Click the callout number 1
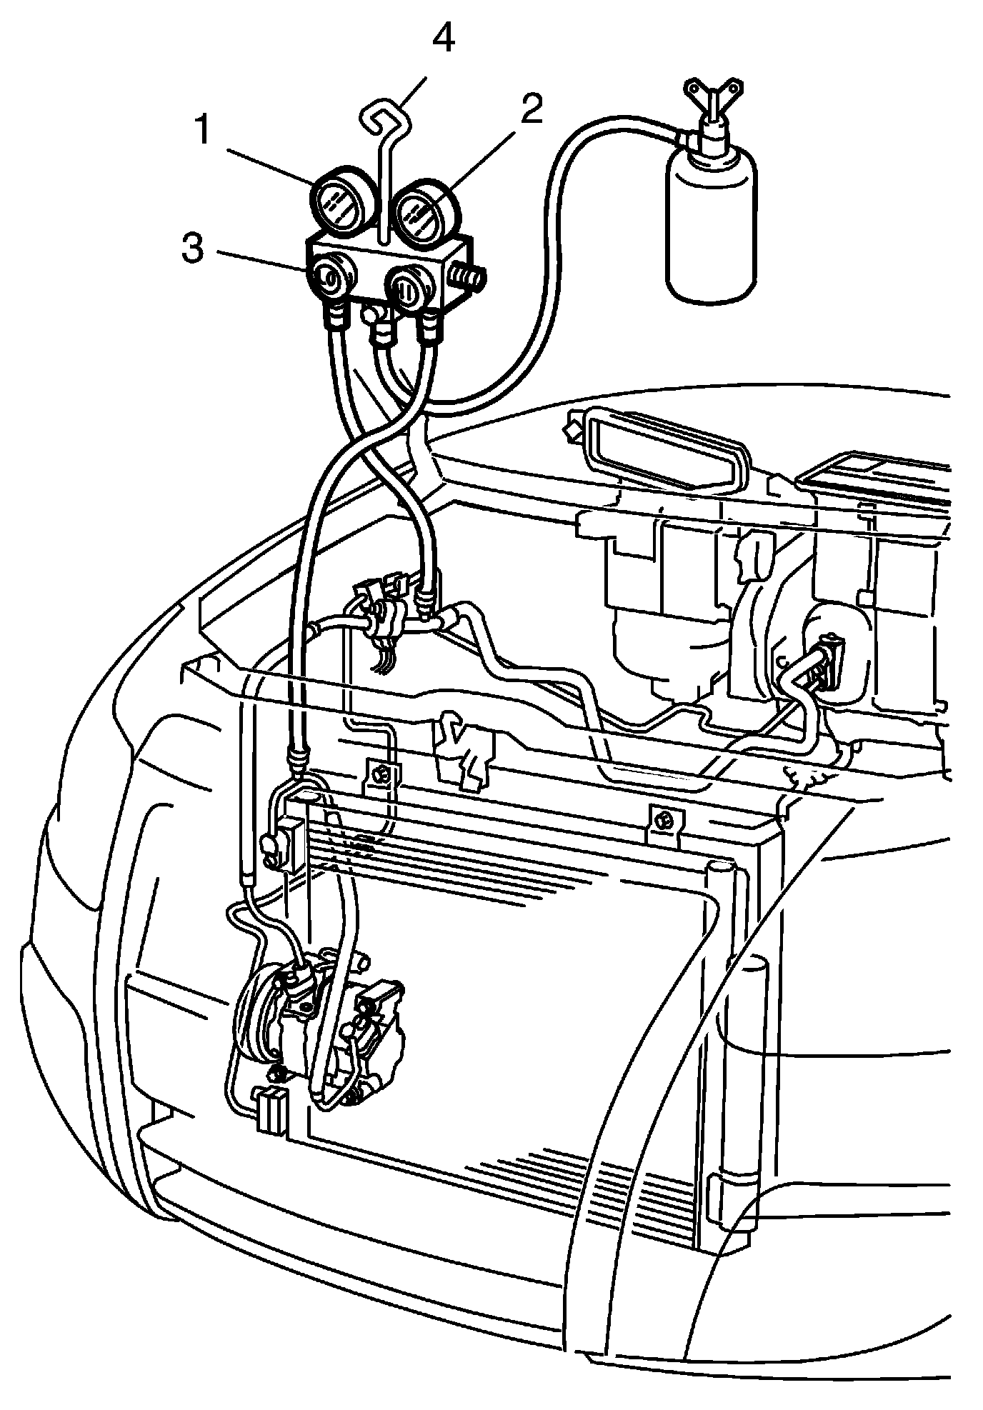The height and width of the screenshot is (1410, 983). [202, 131]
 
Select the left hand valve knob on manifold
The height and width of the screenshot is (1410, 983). [330, 278]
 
